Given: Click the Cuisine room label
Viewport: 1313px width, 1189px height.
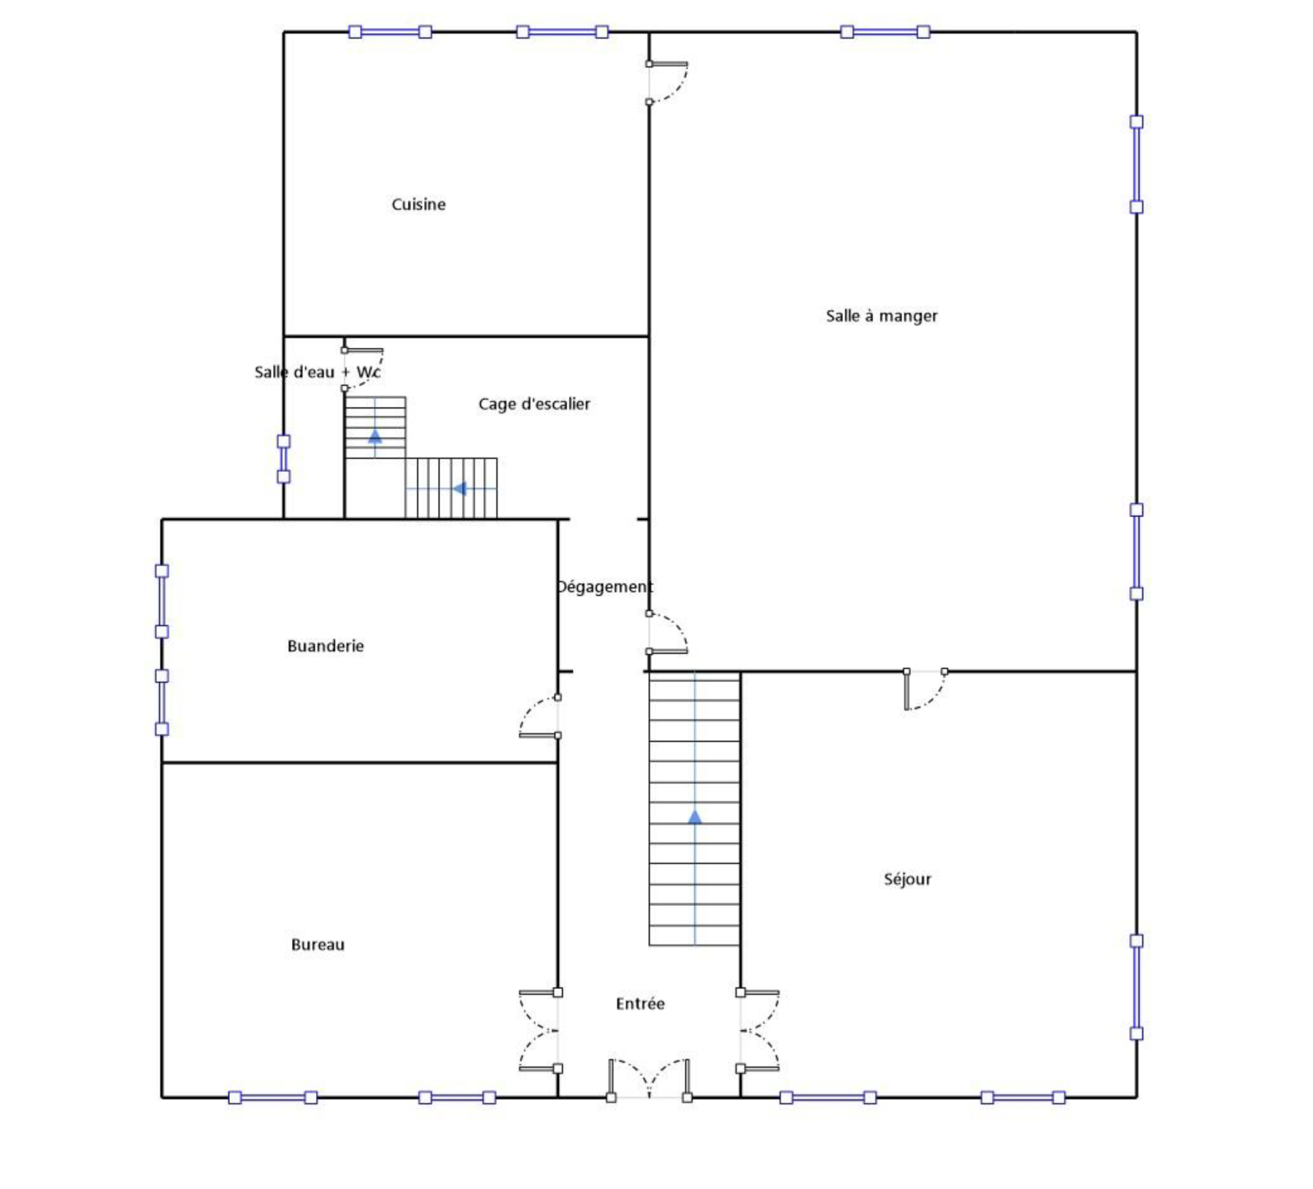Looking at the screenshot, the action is pyautogui.click(x=418, y=204).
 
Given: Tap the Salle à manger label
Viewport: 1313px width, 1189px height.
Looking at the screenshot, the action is pyautogui.click(x=881, y=316).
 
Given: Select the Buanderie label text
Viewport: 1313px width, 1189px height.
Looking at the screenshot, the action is pyautogui.click(x=325, y=646).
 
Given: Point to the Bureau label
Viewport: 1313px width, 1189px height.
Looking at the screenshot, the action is pyautogui.click(x=318, y=944).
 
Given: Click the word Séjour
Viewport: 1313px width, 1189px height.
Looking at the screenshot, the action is pyautogui.click(x=907, y=880).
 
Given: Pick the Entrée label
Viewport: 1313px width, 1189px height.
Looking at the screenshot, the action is pyautogui.click(x=640, y=1004).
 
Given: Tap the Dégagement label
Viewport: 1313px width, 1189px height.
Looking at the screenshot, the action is pyautogui.click(x=605, y=587).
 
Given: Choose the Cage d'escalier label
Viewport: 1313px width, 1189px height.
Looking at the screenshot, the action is pyautogui.click(x=534, y=404).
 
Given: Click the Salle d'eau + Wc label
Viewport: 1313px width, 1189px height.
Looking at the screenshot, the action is pyautogui.click(x=317, y=372).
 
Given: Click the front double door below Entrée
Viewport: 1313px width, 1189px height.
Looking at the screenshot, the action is pyautogui.click(x=648, y=1080).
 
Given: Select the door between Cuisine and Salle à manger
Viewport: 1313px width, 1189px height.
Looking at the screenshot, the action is pyautogui.click(x=667, y=82).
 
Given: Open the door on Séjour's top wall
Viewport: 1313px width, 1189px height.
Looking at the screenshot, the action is pyautogui.click(x=925, y=689).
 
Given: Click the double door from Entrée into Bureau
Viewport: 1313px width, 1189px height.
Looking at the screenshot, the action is pyautogui.click(x=540, y=1031).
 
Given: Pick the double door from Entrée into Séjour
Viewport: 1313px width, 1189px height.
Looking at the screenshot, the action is pyautogui.click(x=758, y=1031).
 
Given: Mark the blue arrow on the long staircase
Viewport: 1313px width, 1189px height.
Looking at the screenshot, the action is pyautogui.click(x=695, y=816).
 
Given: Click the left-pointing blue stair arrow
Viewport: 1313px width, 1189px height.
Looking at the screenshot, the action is pyautogui.click(x=460, y=489).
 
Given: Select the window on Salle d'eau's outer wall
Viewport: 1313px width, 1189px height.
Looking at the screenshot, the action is pyautogui.click(x=283, y=459).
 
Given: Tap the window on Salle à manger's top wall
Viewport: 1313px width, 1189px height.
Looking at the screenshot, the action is pyautogui.click(x=885, y=32).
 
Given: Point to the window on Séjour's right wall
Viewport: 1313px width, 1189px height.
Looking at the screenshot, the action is pyautogui.click(x=1137, y=986).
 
